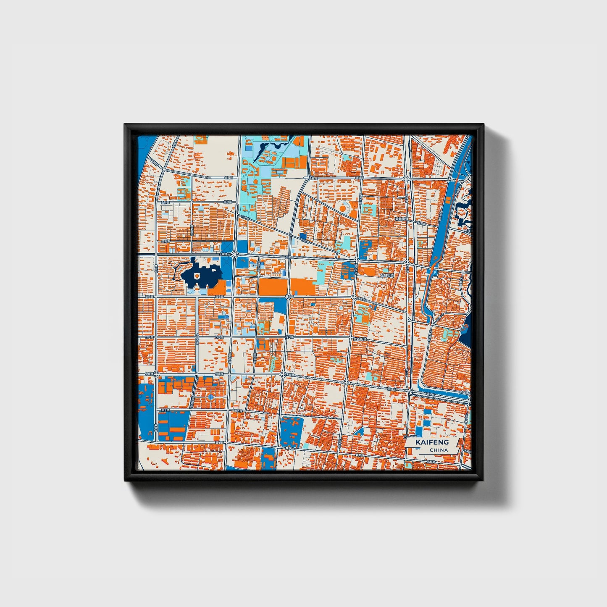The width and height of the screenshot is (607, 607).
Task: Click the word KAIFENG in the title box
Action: tap(432, 442)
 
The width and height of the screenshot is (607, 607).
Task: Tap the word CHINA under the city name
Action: tap(439, 450)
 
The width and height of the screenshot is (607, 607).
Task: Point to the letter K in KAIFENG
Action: tap(418, 442)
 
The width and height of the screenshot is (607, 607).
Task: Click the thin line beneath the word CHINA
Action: tap(437, 454)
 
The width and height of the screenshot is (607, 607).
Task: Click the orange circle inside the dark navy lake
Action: tap(197, 275)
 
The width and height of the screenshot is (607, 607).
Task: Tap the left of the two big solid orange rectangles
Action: tap(273, 286)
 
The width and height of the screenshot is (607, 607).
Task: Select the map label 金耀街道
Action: tap(387, 275)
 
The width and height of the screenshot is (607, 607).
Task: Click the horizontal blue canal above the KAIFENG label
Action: tap(441, 395)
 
